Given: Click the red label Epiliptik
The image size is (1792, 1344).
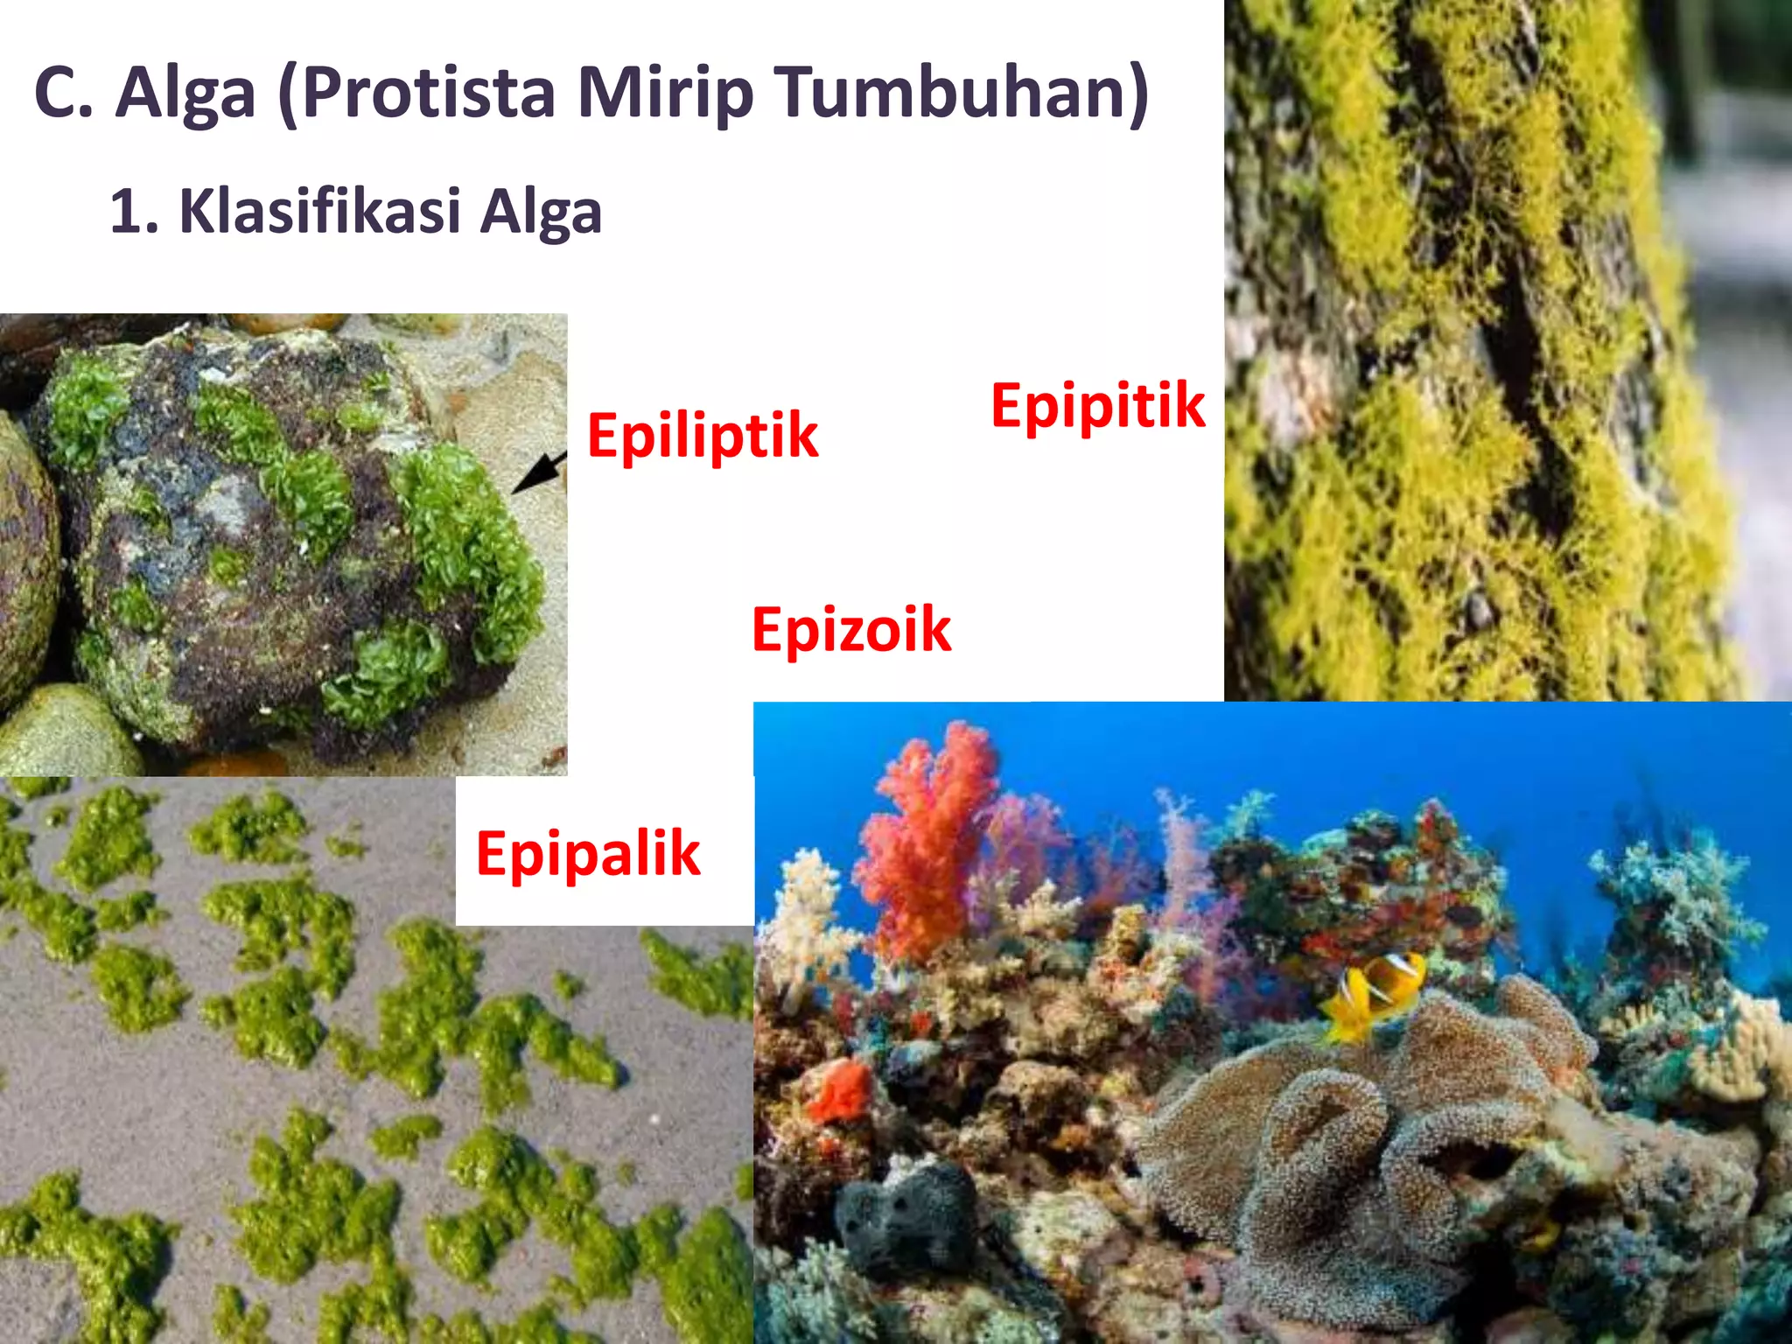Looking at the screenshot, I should coord(703,436).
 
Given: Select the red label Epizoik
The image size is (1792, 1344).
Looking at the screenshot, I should coord(851,629).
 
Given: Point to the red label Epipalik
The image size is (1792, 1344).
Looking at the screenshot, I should coord(588,853).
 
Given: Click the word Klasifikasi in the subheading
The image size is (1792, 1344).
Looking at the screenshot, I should coord(319,212).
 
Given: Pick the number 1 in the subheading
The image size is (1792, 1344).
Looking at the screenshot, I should coord(127,212).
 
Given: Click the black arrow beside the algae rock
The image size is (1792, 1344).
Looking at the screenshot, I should coord(539,472).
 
